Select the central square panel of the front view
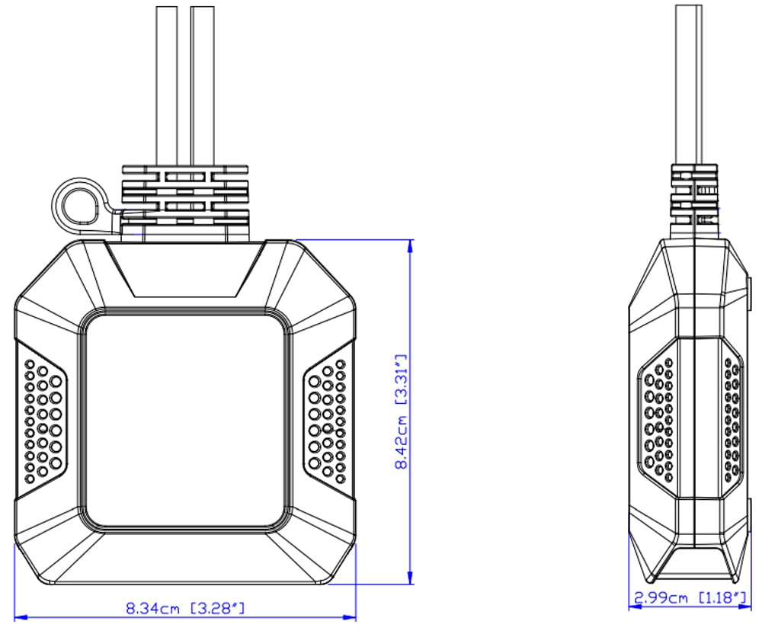point(184,421)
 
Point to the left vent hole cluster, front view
point(43,421)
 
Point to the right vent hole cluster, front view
point(327,421)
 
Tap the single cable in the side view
point(689,85)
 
